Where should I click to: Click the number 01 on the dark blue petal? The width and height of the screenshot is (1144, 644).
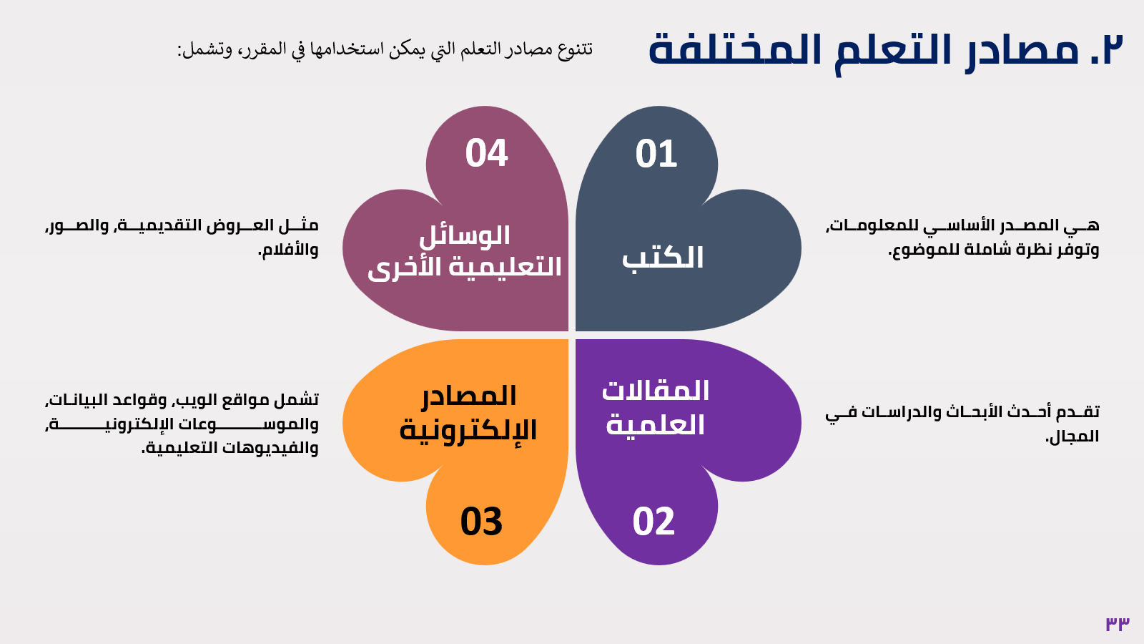coord(656,154)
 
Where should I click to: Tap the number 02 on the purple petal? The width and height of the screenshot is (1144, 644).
coord(654,522)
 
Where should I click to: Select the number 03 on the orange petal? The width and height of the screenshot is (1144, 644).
coord(481,522)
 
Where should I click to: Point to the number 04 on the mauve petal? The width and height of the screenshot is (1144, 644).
coord(486,153)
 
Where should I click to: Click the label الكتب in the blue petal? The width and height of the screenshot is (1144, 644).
coord(662,257)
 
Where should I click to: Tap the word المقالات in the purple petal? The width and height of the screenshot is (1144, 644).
coord(655,391)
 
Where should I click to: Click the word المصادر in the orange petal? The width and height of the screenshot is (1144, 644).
coord(469,396)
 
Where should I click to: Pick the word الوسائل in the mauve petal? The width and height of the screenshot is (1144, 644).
coord(464,236)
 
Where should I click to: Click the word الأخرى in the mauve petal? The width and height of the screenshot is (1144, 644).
coord(395,268)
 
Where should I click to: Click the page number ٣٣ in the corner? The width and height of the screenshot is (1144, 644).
coord(1118,623)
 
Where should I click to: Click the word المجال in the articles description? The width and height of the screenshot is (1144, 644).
coord(1072,436)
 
